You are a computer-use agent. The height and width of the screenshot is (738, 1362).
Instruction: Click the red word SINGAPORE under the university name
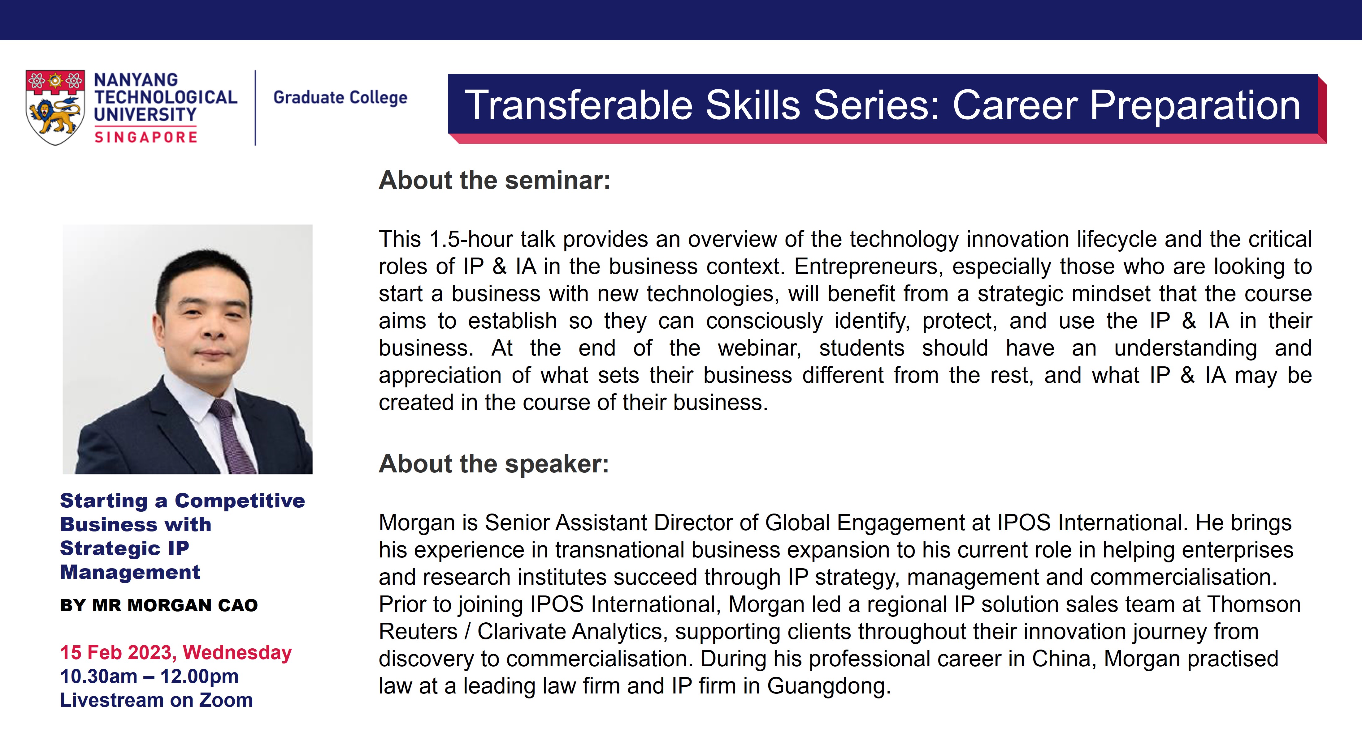tap(145, 137)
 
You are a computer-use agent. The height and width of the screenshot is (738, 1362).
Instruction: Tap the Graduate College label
tap(340, 98)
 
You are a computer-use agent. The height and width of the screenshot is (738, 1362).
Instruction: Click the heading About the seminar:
tap(494, 181)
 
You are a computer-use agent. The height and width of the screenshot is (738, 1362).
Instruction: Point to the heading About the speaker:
tap(494, 464)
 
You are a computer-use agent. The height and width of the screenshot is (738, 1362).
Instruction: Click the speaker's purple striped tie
tap(233, 436)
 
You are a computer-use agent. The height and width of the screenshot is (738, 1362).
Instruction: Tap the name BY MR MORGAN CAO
tap(158, 605)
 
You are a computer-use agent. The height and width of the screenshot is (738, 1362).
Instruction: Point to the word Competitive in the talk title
tap(240, 501)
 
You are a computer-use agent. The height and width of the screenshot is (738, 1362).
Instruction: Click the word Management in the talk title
tap(130, 572)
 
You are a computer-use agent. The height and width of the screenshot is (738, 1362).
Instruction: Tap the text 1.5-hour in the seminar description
tap(470, 239)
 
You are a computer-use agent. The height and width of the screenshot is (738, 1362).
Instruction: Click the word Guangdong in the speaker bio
tap(829, 687)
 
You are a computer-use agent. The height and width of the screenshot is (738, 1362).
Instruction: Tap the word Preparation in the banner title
tap(1195, 106)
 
